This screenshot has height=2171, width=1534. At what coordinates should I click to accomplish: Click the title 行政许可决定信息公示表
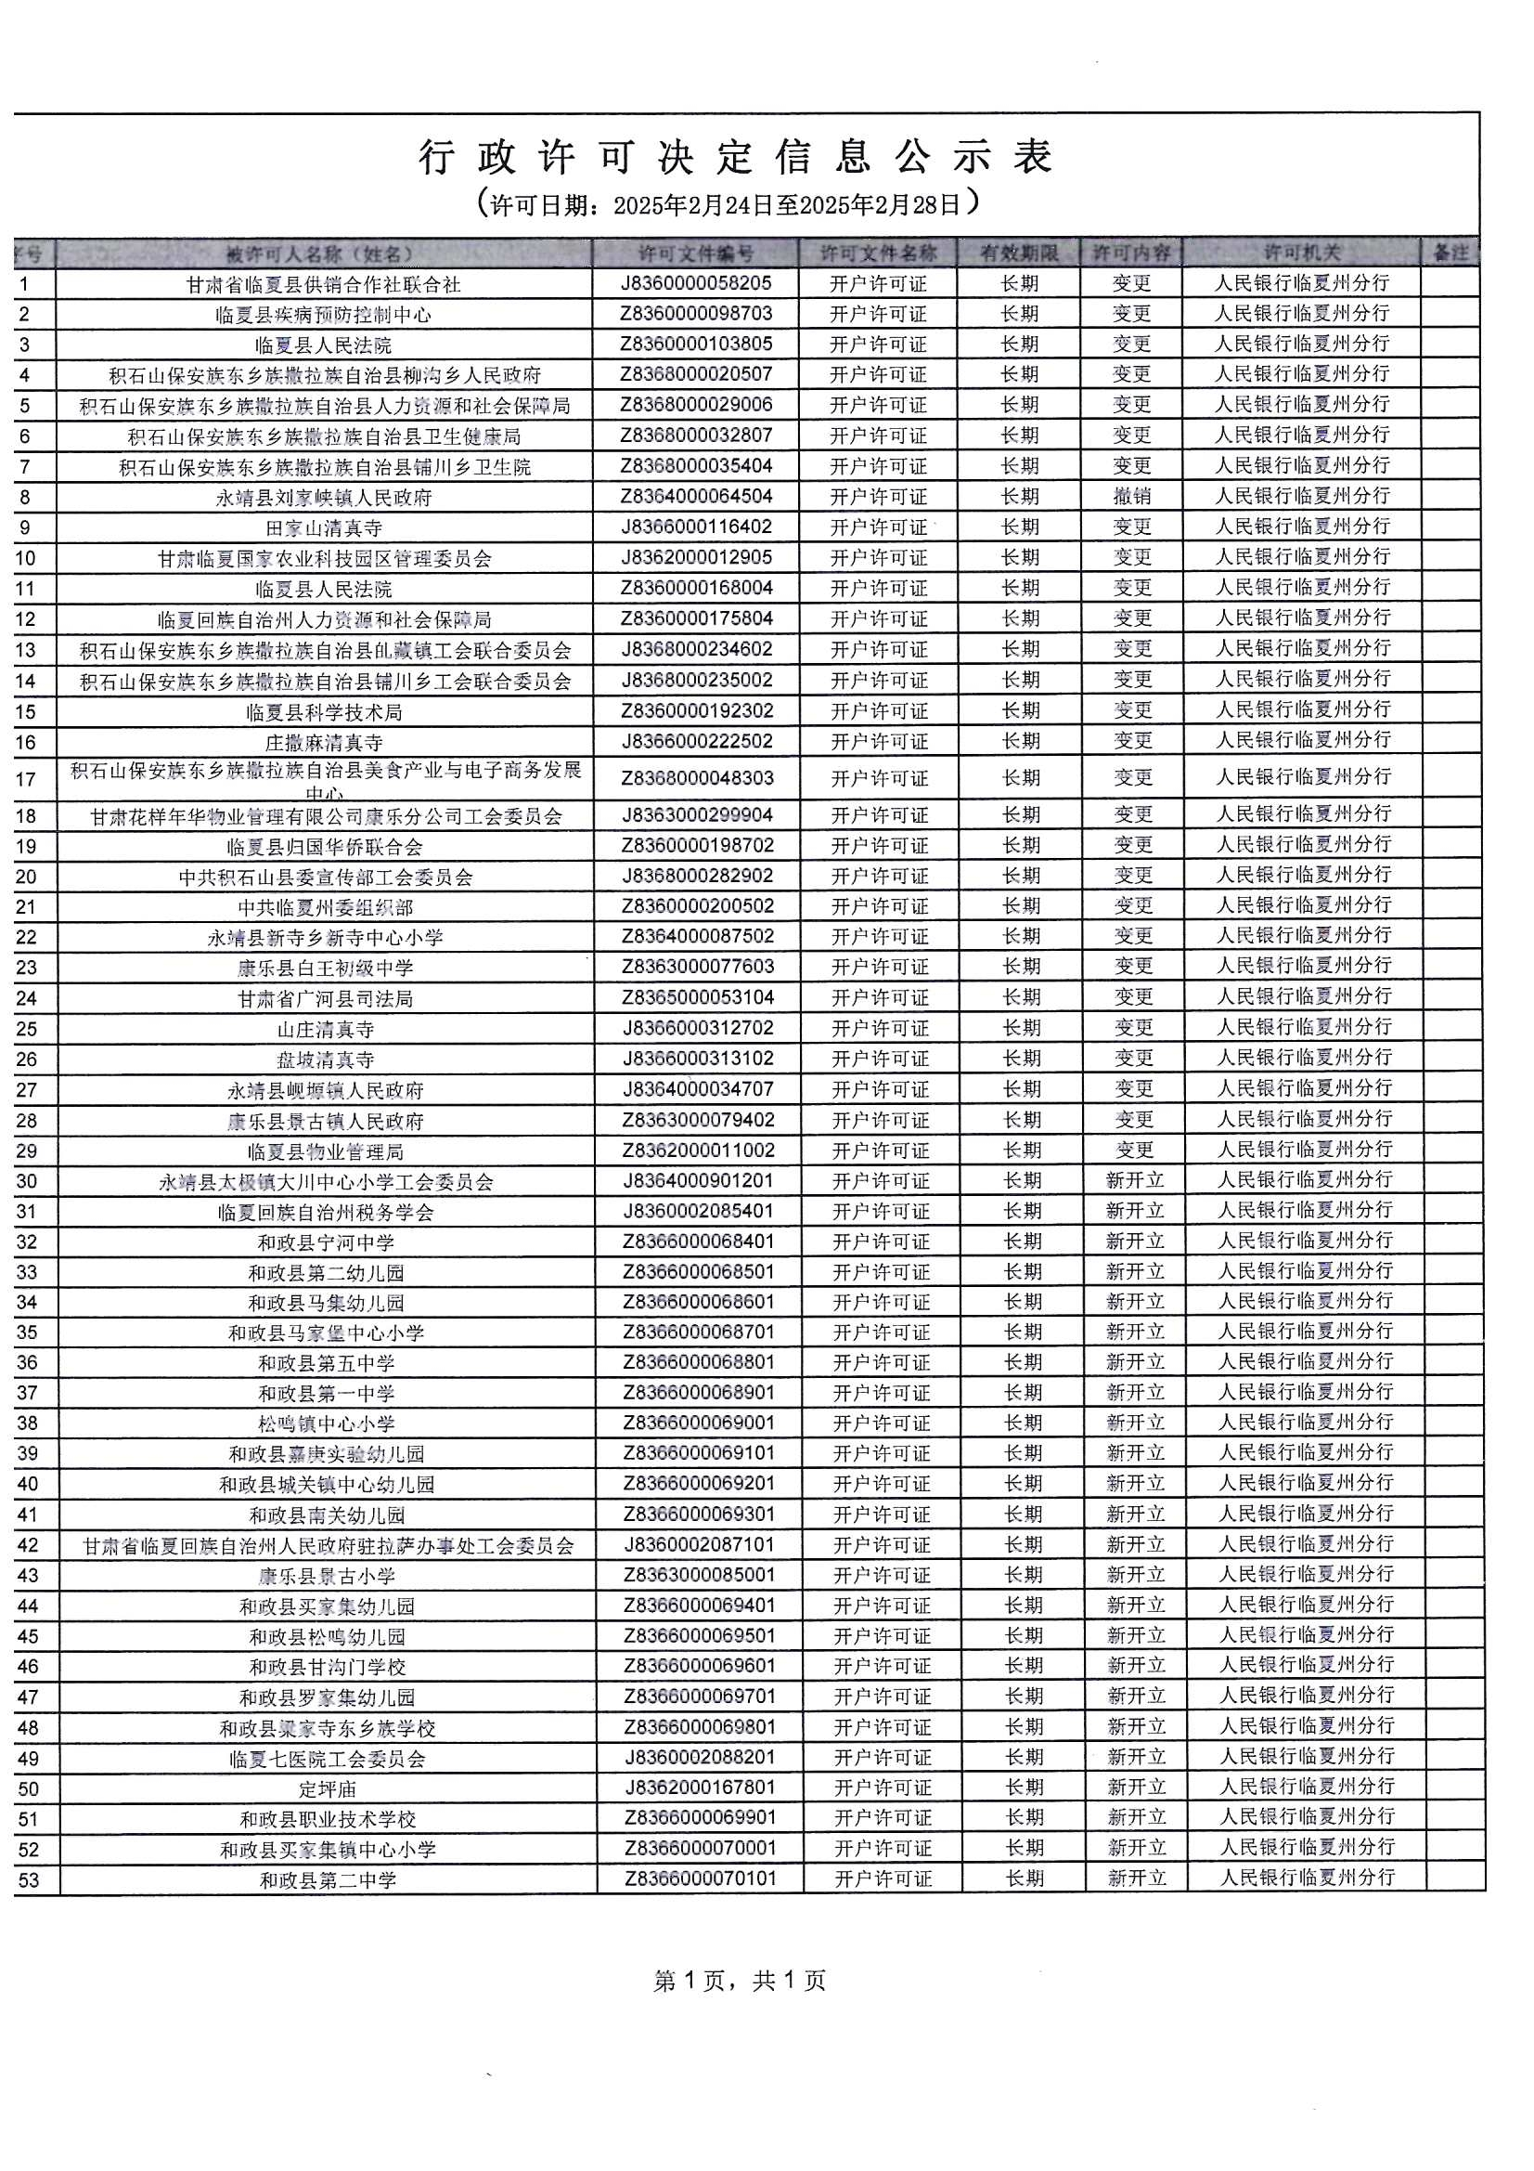coord(735,157)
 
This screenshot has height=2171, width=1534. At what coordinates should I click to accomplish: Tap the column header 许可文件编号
coord(696,253)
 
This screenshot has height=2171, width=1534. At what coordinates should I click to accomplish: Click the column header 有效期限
coord(1018,253)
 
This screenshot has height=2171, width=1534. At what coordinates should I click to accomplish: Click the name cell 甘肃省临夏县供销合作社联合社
coord(323,285)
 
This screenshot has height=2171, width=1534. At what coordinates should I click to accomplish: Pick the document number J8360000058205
coord(696,283)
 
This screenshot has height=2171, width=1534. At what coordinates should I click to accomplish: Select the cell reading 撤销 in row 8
coord(1131,497)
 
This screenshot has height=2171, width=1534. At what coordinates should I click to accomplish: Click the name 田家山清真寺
coord(323,527)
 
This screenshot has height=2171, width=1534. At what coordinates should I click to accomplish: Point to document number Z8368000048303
coord(697,778)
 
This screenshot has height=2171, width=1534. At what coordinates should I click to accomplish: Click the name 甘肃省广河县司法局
coord(325,998)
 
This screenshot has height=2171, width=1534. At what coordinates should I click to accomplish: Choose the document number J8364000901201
coord(698,1181)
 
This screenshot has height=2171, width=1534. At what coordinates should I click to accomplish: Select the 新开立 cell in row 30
coord(1134,1180)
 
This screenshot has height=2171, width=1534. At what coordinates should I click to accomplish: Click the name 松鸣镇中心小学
coord(326,1424)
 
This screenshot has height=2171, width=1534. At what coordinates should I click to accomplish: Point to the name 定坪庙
coord(327,1789)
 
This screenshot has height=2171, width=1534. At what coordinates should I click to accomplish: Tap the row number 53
coord(29,1880)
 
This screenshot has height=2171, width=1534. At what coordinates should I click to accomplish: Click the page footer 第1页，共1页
coord(739,1981)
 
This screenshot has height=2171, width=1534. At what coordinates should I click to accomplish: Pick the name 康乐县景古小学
coord(326,1576)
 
